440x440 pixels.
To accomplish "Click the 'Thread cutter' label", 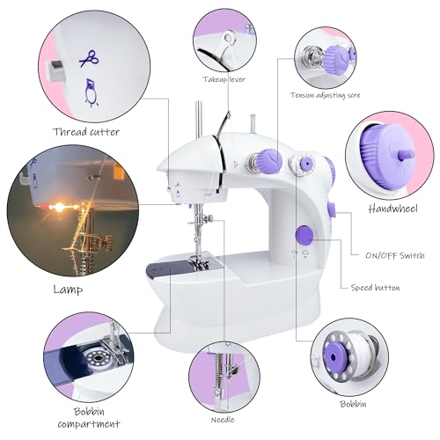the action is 86,132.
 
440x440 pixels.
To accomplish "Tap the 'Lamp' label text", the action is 68,290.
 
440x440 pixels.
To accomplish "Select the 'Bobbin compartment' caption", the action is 89,418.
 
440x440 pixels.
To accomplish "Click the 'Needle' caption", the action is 223,420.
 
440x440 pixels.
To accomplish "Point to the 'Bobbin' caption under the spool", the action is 353,404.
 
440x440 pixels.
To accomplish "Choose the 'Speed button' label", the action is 375,288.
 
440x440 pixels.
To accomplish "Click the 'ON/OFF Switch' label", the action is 395,255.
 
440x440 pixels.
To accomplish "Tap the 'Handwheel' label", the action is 393,209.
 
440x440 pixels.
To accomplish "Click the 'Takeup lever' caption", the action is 224,79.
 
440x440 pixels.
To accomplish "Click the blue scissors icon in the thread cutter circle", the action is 89,58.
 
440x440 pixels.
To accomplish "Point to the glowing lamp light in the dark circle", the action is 60,208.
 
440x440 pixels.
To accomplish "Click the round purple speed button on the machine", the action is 304,235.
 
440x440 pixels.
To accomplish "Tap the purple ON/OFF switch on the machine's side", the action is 332,209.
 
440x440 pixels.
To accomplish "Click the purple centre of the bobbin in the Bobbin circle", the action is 334,356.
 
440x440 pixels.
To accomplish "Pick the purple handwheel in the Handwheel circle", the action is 383,155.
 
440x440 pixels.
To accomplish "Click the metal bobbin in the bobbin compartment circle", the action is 97,357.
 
